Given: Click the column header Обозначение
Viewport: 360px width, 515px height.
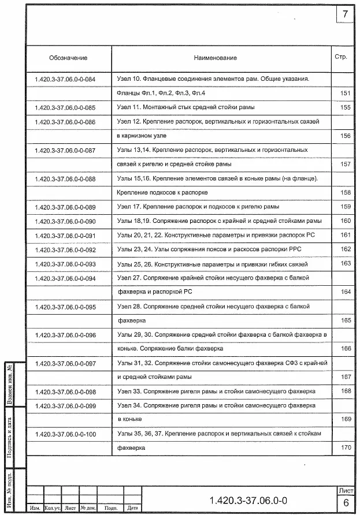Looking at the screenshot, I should pos(68,58).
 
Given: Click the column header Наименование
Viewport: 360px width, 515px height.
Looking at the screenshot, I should pos(215,58).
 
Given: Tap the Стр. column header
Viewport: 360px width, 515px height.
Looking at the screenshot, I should pos(340,57).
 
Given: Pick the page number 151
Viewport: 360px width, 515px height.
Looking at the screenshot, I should pos(346,94).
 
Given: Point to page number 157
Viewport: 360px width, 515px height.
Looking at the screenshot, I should pos(346,165).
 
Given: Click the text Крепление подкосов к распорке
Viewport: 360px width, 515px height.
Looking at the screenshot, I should pos(162,192).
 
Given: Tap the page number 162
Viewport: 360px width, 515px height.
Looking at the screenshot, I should pos(346,249).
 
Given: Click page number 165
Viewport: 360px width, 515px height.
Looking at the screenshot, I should pos(346,320).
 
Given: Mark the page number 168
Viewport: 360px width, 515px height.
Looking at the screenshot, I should pos(346,391).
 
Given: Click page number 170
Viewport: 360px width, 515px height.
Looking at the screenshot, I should pos(346,447).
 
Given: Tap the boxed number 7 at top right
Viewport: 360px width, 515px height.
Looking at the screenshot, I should pos(345,14).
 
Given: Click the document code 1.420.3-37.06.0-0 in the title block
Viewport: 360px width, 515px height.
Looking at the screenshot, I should pos(248,499).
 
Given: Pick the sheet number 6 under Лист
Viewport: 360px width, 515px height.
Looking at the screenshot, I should pos(346,503).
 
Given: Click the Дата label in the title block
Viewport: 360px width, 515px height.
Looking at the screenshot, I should pos(132,508).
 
